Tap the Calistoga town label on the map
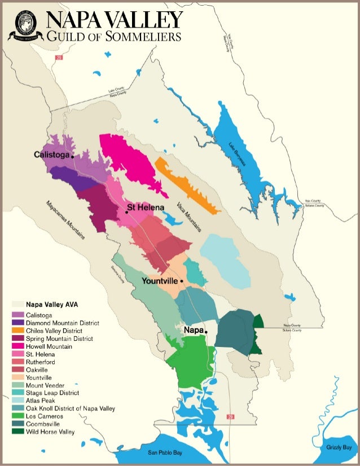(x=51, y=155)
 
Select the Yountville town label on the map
(x=160, y=281)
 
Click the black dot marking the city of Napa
(x=207, y=332)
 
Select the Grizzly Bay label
(x=339, y=447)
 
